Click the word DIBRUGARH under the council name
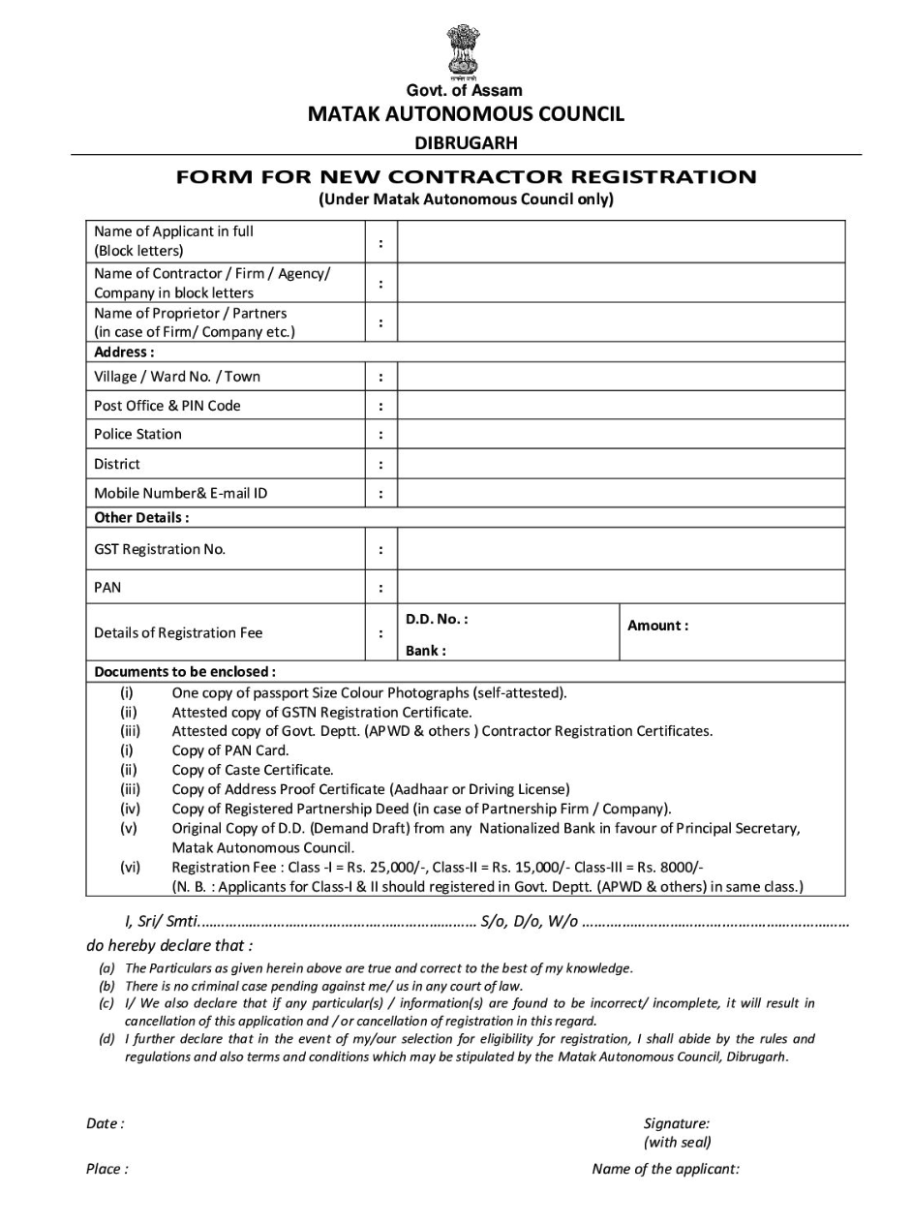tap(466, 143)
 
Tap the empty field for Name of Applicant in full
tap(621, 241)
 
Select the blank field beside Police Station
tap(621, 435)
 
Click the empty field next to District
tap(621, 464)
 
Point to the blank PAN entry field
tap(621, 588)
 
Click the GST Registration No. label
tap(160, 549)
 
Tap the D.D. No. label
tap(437, 618)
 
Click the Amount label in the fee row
tap(658, 626)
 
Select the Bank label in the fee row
tap(426, 651)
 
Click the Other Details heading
tap(141, 517)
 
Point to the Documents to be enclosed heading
tap(185, 671)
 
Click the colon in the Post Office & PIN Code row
tap(381, 407)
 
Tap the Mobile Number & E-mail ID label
tap(181, 493)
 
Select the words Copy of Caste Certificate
tap(253, 770)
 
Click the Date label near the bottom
tap(105, 1123)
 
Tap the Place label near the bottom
tap(106, 1169)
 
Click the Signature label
tap(677, 1123)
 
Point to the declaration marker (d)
tap(107, 1039)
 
